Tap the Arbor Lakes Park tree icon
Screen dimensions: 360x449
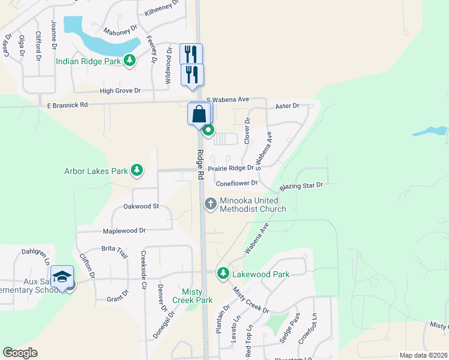coord(137,170)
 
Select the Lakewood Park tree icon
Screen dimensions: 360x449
coord(223,274)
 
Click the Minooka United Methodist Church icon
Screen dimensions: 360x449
coord(210,204)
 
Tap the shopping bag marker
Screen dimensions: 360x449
coord(199,113)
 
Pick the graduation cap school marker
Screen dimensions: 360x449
coord(62,277)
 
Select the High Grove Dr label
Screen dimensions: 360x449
coord(120,91)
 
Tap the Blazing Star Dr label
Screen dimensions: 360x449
coord(301,185)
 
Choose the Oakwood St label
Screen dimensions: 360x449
coord(140,206)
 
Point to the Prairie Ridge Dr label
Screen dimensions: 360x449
coord(231,169)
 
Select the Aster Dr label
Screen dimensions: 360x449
coord(287,106)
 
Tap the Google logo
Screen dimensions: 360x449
coord(20,353)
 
